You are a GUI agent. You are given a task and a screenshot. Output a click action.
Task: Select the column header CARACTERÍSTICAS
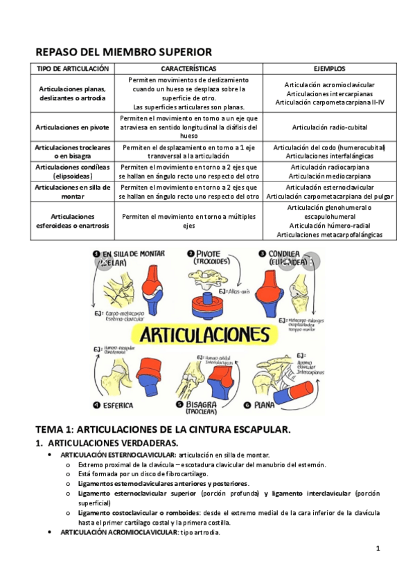coord(188,69)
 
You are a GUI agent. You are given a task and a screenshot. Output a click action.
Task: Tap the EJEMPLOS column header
coord(329,69)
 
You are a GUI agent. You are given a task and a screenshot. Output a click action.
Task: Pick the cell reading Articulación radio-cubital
coord(329,127)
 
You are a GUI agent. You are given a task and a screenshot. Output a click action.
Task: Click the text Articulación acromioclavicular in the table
coord(329,84)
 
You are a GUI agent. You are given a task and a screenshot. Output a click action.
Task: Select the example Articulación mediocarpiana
coord(329,176)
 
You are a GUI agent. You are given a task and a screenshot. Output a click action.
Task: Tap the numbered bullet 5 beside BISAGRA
coord(179,404)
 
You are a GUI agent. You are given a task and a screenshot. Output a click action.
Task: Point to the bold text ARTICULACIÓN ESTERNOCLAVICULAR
coord(118,455)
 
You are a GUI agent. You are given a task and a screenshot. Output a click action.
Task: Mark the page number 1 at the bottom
coord(378,548)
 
